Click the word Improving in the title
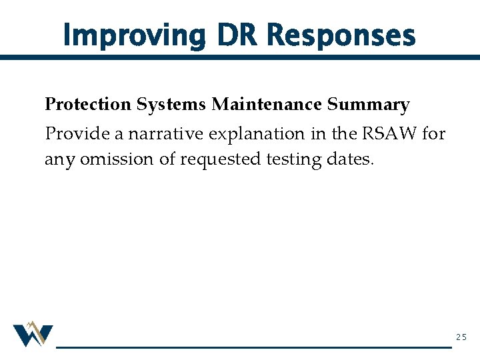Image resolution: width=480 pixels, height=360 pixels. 133,35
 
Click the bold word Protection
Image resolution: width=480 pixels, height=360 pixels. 88,105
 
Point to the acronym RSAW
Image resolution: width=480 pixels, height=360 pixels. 389,133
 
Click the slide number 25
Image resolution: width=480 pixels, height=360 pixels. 461,337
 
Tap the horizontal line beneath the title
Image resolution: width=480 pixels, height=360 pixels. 240,58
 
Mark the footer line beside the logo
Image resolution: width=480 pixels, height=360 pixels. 253,347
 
